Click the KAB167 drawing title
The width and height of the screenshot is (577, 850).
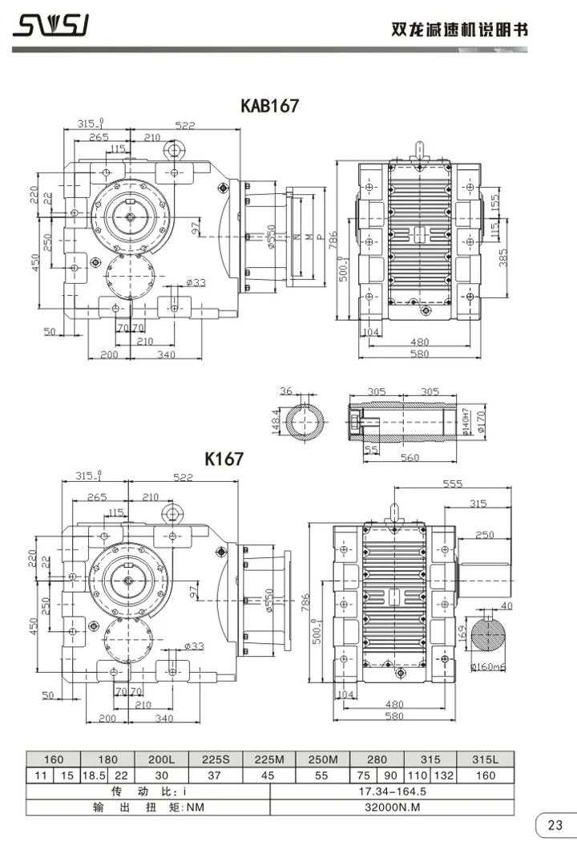[270, 106]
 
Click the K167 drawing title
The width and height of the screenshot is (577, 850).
[224, 459]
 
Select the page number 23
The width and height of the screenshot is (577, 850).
[555, 825]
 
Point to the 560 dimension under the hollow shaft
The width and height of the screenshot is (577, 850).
[410, 458]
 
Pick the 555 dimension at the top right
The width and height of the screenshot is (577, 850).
[453, 484]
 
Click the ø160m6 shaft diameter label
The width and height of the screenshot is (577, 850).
[497, 666]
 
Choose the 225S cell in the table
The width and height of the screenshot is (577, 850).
[215, 759]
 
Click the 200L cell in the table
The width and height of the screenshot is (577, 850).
[161, 759]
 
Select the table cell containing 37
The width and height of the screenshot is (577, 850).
[215, 775]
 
